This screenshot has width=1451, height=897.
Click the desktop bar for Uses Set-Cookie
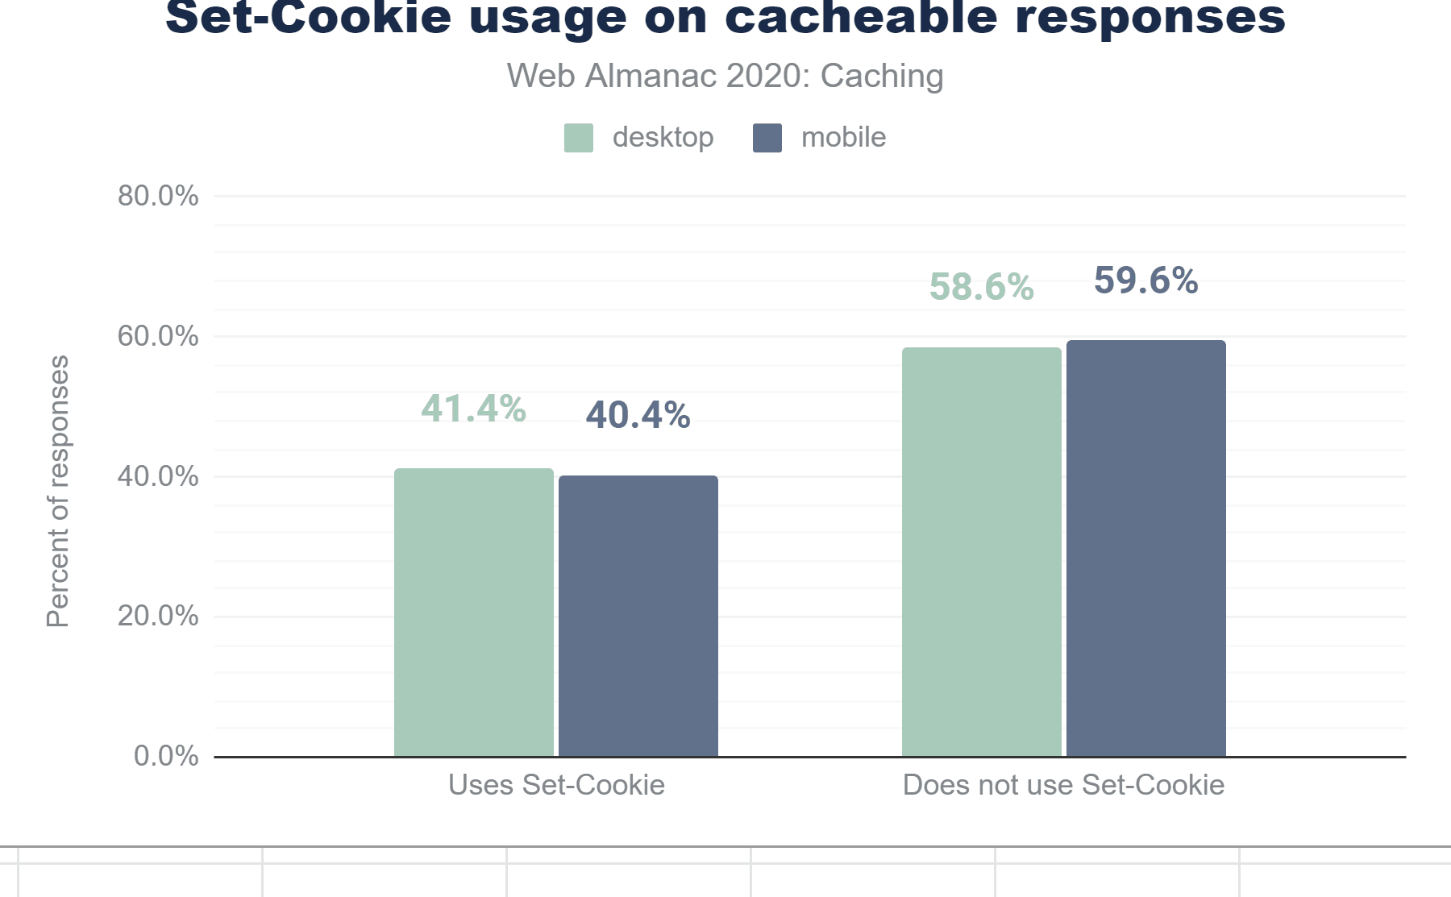coord(474,613)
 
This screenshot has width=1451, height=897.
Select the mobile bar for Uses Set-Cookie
coord(638,617)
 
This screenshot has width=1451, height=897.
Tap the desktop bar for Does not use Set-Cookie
coord(982,552)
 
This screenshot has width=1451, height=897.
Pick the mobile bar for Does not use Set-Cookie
coord(1146,548)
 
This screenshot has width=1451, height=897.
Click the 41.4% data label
coord(474,409)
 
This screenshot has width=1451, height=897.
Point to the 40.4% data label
coord(638,416)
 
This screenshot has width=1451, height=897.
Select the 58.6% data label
coord(982,287)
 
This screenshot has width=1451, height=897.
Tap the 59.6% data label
coord(1146,280)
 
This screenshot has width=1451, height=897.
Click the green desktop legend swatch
coord(579,138)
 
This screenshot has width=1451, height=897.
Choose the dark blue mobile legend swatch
coord(767,138)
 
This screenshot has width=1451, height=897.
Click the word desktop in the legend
coord(663,138)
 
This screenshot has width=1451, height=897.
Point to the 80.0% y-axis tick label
coord(158,196)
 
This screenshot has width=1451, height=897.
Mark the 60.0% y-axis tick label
coord(158,336)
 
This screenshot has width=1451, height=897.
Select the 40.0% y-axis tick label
coord(158,476)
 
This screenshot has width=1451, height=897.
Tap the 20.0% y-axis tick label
coord(158,617)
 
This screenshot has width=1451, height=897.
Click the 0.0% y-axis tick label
coord(166,756)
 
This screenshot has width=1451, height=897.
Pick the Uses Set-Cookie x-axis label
coord(556,785)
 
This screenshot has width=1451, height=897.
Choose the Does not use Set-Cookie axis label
coord(1064,785)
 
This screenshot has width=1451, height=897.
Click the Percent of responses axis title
coord(58,492)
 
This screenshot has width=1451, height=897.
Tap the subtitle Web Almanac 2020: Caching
coord(725,77)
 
